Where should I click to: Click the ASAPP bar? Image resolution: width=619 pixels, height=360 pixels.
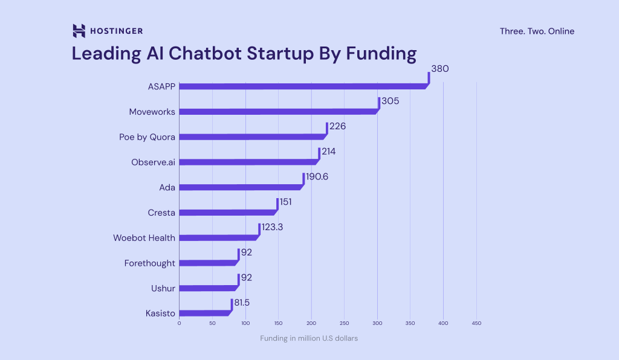coord(302,86)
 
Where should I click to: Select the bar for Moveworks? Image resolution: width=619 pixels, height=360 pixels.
coord(278,112)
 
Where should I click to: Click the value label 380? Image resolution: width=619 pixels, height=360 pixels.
coord(440,69)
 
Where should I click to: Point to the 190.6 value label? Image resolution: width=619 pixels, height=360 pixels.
coord(317,176)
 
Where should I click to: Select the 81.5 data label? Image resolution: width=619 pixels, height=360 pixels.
coord(243,302)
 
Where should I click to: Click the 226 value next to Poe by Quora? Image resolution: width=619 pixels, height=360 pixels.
coord(337,126)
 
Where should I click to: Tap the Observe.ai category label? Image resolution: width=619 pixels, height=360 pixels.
coord(153,162)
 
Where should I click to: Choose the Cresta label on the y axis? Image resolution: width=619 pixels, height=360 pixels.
coord(161,213)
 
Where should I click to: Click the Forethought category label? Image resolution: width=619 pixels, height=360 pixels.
coord(150,263)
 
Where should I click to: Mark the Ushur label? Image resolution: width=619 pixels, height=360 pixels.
coord(163,288)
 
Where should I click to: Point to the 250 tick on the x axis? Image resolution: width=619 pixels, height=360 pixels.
coord(344,323)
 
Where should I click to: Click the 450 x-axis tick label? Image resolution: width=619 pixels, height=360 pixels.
coord(476,323)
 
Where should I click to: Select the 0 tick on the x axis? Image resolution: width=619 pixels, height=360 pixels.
coord(179,323)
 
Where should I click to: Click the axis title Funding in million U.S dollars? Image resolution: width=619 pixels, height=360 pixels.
coord(309,338)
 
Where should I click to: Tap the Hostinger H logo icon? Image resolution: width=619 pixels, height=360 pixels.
coord(79,31)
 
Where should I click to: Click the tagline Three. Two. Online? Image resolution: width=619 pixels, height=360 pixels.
coord(537,31)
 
